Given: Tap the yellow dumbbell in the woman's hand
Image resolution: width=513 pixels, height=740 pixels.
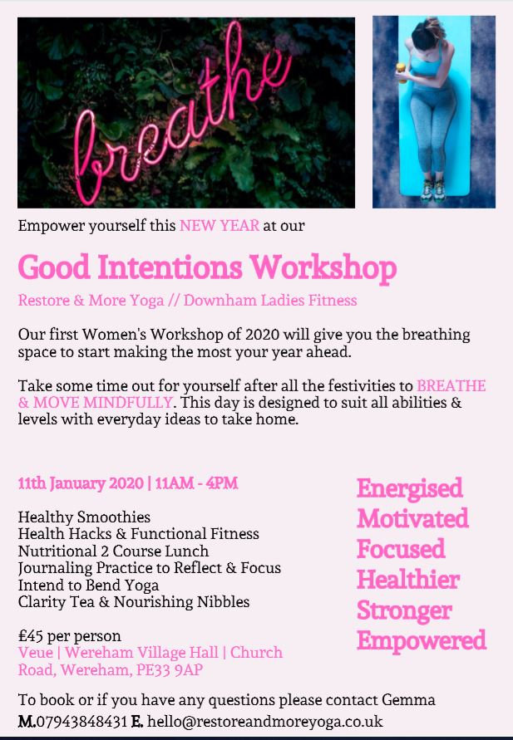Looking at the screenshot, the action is coord(402,72).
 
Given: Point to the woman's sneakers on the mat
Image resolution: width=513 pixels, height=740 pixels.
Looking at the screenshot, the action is coord(434,189).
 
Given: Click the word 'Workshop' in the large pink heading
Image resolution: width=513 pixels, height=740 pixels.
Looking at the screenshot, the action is coord(323,267).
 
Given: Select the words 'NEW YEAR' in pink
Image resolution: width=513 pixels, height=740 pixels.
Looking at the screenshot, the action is coord(220,226).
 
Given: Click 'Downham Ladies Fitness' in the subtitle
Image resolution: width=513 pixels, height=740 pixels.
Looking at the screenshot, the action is coord(270,300).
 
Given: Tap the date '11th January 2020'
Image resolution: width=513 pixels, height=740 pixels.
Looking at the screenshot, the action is coord(81,483).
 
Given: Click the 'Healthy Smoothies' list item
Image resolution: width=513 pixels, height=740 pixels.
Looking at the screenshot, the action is coord(84,517).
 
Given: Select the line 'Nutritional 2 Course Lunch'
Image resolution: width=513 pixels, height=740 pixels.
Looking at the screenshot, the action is coord(113,551).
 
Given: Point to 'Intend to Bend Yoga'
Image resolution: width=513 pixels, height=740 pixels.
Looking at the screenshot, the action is coord(88,586).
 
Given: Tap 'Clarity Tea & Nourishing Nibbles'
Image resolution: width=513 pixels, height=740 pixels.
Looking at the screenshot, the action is coord(134,602).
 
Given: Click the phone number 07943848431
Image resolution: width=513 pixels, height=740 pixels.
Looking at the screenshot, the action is coord(81,721).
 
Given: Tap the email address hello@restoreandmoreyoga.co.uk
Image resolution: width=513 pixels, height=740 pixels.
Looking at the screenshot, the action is coord(265,721).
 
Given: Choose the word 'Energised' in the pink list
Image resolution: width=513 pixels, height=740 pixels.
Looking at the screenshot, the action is coord(410,488).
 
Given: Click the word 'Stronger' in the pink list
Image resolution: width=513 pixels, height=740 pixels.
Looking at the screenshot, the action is coord(404,610).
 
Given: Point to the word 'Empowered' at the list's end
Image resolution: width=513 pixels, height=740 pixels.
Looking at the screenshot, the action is coord(422,641).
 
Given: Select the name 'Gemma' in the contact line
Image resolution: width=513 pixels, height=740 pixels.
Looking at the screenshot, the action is coord(408,699).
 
